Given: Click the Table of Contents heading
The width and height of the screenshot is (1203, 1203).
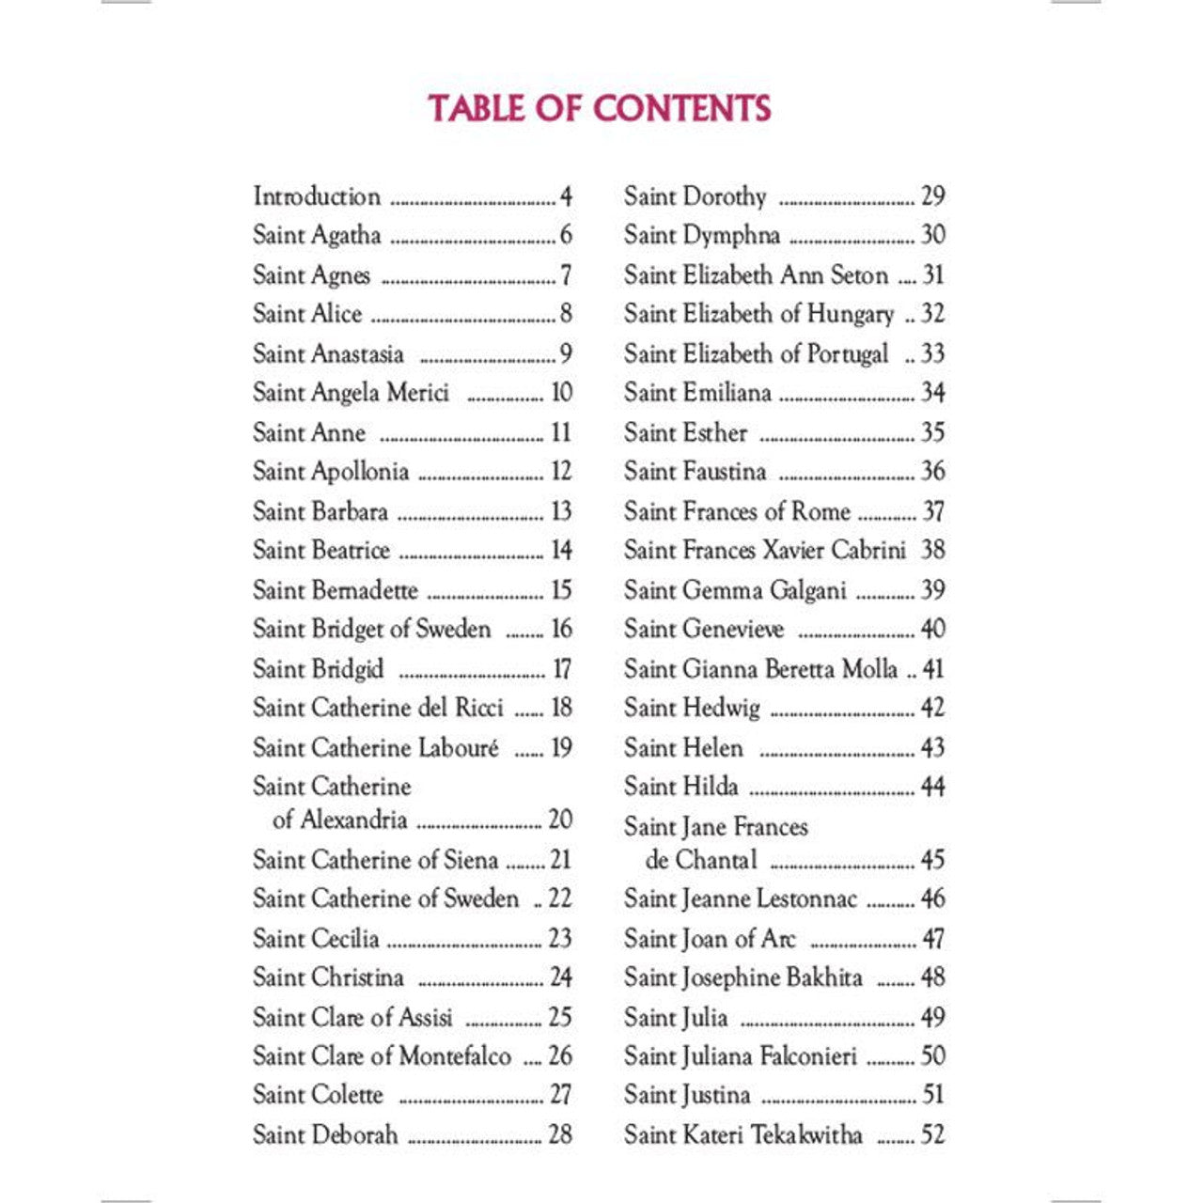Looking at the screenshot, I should pyautogui.click(x=600, y=108).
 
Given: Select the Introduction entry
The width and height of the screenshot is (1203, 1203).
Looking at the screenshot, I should pyautogui.click(x=317, y=196).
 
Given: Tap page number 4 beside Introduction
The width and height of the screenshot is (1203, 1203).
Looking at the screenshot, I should pyautogui.click(x=566, y=196).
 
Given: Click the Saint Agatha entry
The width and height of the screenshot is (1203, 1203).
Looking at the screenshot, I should pyautogui.click(x=317, y=235).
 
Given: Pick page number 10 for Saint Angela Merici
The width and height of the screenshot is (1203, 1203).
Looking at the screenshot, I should pyautogui.click(x=561, y=393).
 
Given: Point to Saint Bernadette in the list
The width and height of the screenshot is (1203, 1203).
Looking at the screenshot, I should pyautogui.click(x=335, y=590).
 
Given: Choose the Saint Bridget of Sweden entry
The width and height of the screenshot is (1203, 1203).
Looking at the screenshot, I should pyautogui.click(x=371, y=629).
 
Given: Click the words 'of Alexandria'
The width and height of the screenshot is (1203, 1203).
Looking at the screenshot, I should pyautogui.click(x=339, y=820).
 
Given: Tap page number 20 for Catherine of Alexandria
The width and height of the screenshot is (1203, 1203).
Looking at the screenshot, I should pyautogui.click(x=560, y=820).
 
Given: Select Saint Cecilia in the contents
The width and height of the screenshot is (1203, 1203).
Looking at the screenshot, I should pyautogui.click(x=316, y=938).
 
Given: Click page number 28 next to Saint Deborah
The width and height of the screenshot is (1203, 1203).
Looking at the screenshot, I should pyautogui.click(x=560, y=1134).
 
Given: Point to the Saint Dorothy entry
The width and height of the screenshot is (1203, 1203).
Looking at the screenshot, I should pyautogui.click(x=695, y=196).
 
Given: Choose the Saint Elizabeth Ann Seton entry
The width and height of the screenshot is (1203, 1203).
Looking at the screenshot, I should pyautogui.click(x=756, y=275).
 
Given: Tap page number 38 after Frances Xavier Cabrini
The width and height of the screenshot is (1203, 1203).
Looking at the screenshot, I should pyautogui.click(x=932, y=550).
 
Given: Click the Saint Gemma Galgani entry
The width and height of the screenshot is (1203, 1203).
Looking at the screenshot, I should pyautogui.click(x=735, y=590).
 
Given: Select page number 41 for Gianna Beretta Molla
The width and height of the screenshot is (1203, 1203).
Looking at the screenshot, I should pyautogui.click(x=932, y=669).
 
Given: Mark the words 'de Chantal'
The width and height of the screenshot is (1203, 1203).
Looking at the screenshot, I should pyautogui.click(x=701, y=860).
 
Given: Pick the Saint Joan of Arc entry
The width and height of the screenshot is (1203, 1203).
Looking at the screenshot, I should pyautogui.click(x=710, y=938).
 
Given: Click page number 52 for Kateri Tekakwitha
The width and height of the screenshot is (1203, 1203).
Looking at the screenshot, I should pyautogui.click(x=932, y=1134).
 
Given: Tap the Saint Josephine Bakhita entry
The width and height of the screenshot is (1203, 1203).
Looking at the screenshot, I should pyautogui.click(x=742, y=977).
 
